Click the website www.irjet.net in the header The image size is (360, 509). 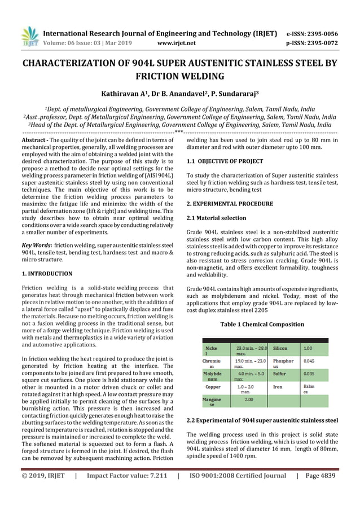177,42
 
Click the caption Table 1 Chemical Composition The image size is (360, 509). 262,324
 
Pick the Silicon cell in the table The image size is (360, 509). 280,349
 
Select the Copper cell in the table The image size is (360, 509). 213,387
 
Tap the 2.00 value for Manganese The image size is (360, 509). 248,400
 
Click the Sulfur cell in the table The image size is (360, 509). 280,374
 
